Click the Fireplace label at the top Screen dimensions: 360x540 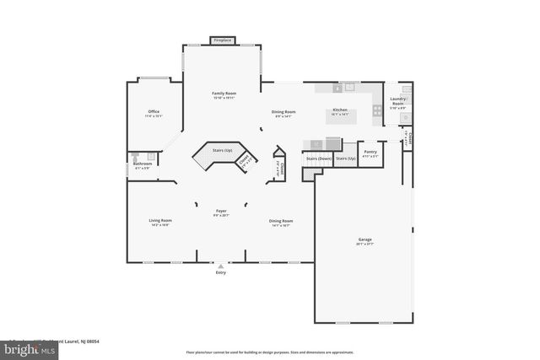(x=223, y=40)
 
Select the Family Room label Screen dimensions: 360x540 (x=224, y=93)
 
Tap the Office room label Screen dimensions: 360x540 (x=154, y=111)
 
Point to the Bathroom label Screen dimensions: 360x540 (x=142, y=164)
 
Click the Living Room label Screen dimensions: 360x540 (x=160, y=221)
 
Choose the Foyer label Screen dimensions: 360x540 (x=221, y=212)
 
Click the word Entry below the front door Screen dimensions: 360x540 (x=221, y=272)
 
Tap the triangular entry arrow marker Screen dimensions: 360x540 (x=221, y=266)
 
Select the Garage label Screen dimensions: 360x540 (x=364, y=239)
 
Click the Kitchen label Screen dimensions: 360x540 (x=340, y=110)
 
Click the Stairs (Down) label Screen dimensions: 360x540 (x=317, y=158)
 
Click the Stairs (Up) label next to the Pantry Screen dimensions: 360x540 (x=346, y=158)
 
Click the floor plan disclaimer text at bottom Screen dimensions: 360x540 (x=270, y=352)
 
